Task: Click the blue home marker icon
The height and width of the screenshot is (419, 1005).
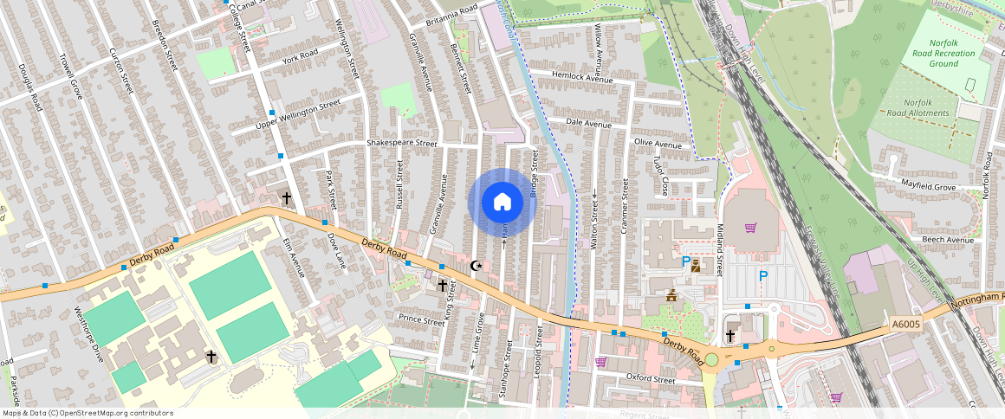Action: coord(502,202)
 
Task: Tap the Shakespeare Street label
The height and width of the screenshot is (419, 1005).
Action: coord(401,143)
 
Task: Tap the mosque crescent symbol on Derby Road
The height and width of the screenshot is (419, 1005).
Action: coord(474,266)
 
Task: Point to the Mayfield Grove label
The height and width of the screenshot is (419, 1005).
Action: coord(928,186)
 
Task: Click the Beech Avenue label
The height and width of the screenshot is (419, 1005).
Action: coord(948,240)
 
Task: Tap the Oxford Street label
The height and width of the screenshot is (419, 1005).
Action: coord(650,379)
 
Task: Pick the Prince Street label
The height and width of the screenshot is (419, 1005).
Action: coord(421,320)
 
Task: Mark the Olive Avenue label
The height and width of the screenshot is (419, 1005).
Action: coord(658,143)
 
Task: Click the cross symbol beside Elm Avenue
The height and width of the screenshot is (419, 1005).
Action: coord(286,198)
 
